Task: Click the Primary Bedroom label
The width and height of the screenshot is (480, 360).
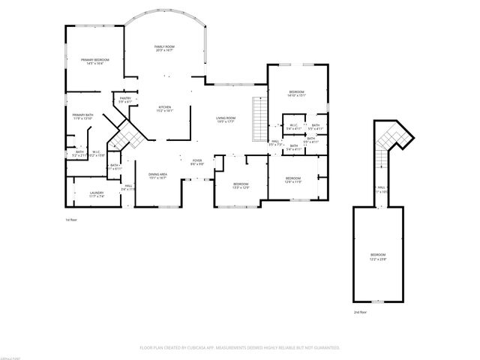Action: pos(95,61)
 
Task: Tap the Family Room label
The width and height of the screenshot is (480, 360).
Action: pos(164,49)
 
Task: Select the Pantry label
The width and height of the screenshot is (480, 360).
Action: pos(124,100)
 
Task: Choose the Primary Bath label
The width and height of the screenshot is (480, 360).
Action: pos(82,117)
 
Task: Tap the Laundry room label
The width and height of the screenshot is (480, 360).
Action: pos(97,195)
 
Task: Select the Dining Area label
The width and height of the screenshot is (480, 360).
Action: pos(157,175)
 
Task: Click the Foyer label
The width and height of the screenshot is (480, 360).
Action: pos(197,162)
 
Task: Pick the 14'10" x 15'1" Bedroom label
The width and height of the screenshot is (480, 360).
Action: pos(298,94)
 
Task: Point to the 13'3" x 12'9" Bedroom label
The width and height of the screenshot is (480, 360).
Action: pos(240,186)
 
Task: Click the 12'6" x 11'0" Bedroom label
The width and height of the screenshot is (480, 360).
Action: pos(292,180)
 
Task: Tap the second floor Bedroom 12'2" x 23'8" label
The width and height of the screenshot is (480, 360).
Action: pos(378,256)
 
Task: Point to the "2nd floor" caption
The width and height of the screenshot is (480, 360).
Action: pos(361,311)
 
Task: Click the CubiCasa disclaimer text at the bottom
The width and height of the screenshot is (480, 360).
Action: pos(240,348)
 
